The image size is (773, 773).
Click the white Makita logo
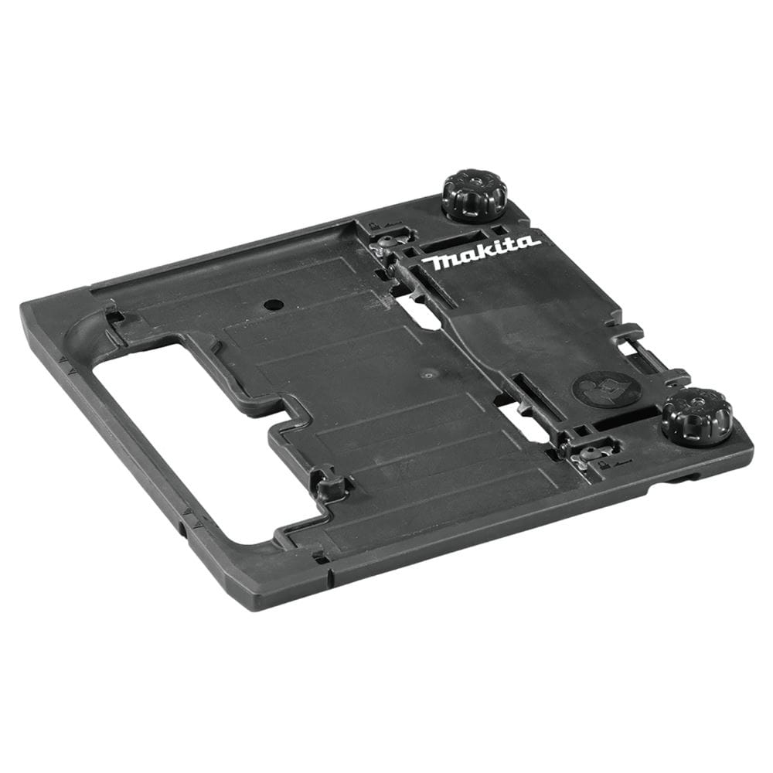point(481,253)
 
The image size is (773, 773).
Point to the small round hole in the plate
point(271,304)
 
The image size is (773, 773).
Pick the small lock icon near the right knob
point(601,465)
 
